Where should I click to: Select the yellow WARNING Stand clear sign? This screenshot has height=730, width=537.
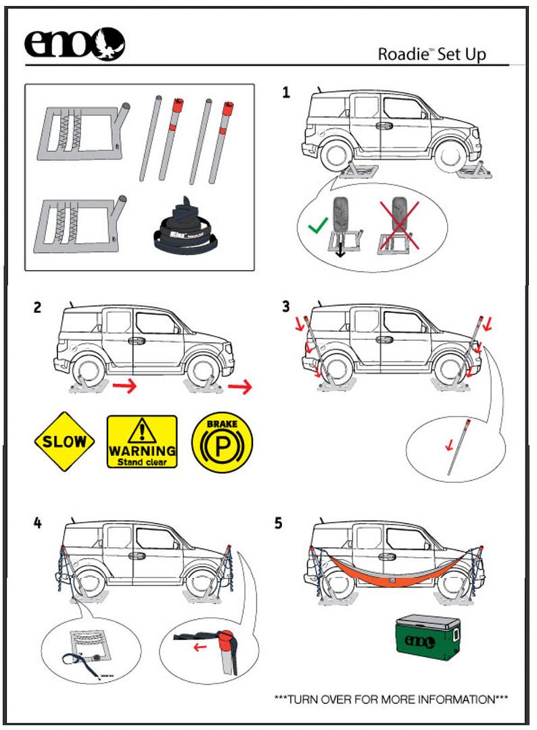click(142, 441)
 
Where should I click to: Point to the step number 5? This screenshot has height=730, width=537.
click(279, 524)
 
